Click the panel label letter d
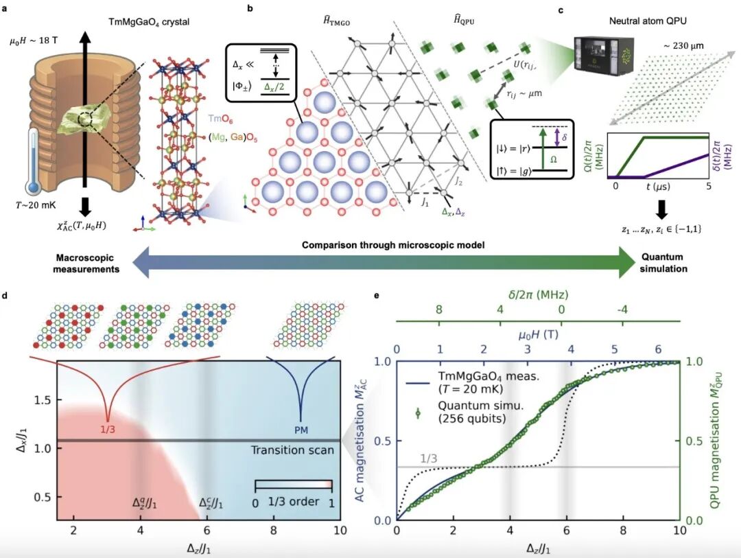(x=5, y=297)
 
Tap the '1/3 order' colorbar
(x=293, y=485)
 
